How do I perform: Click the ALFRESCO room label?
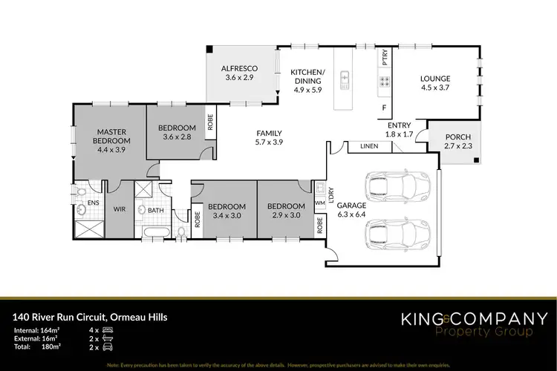(239, 68)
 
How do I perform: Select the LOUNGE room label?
(436, 78)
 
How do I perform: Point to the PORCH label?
(456, 138)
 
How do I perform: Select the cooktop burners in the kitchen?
(385, 82)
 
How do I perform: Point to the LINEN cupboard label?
(370, 147)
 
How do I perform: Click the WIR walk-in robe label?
(120, 210)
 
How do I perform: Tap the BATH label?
(155, 210)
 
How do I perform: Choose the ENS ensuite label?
(94, 201)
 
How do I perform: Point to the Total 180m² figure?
(50, 346)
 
